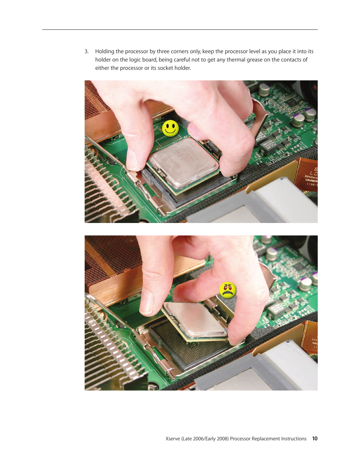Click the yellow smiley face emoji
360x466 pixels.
171,128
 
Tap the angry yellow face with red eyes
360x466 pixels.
228,290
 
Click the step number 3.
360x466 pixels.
86,52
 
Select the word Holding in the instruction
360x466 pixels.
105,52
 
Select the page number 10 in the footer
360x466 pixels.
315,439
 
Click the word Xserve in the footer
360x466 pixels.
172,439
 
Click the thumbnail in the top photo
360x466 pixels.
132,160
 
